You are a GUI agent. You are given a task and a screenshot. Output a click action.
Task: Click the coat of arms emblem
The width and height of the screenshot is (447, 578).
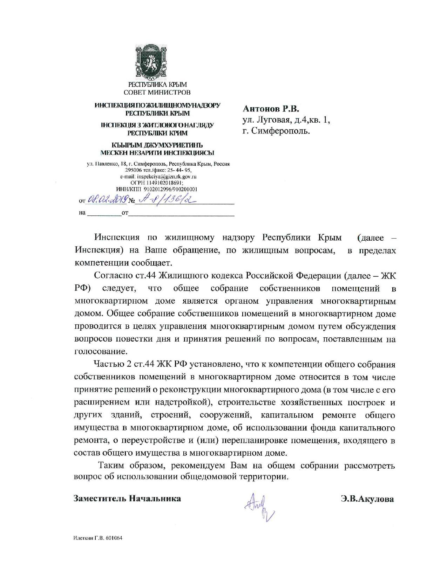(x=157, y=62)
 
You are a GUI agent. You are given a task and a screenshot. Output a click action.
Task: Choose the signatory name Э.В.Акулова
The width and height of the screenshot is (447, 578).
(x=367, y=499)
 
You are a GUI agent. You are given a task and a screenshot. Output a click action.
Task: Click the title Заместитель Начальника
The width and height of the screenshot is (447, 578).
(x=127, y=498)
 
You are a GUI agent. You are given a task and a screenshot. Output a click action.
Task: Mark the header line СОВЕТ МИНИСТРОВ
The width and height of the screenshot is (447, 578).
(x=157, y=92)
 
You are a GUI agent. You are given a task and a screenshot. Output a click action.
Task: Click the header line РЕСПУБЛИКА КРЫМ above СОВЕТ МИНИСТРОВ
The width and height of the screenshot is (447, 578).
(x=157, y=84)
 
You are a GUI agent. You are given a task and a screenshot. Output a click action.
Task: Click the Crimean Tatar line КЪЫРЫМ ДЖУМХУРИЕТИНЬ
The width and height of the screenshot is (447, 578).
(x=157, y=145)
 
